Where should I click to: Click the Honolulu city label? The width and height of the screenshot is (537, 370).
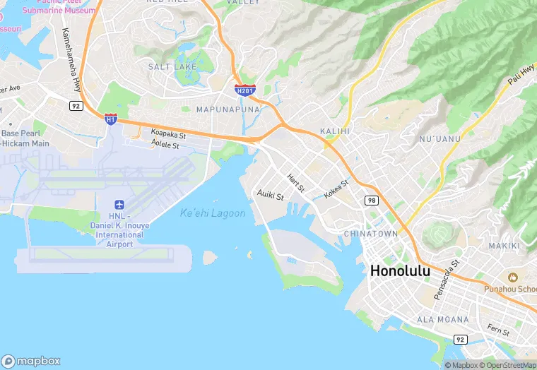click(x=400, y=270)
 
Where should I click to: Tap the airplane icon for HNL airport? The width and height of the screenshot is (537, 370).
click(x=119, y=203)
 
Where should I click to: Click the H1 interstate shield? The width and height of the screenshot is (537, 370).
click(x=110, y=119)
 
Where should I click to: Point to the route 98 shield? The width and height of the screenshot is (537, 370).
click(x=372, y=201)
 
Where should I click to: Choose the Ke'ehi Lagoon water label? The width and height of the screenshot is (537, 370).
click(x=213, y=213)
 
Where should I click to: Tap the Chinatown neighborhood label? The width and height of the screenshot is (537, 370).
click(x=371, y=234)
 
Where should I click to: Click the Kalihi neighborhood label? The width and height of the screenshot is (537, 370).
click(x=335, y=131)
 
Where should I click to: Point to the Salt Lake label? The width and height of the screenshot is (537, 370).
click(x=172, y=66)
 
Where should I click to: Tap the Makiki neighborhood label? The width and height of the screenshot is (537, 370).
click(x=504, y=246)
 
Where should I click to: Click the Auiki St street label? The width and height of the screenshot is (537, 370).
click(x=270, y=194)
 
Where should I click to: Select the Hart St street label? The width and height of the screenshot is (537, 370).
click(x=295, y=184)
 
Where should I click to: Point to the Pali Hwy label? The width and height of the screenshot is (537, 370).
click(x=521, y=76)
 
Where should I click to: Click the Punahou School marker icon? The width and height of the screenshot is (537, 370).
click(x=511, y=275)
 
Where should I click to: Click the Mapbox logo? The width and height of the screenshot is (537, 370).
click(x=31, y=360)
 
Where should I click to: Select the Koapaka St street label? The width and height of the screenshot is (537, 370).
click(x=168, y=133)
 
